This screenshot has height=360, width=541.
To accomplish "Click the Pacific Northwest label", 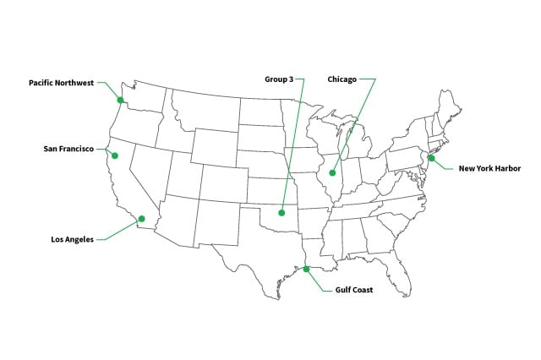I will tap(62, 83).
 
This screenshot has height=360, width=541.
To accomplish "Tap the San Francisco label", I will tap(74, 150).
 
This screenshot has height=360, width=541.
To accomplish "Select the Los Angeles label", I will tap(73, 239).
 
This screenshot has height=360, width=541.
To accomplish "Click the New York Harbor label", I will tap(489, 168).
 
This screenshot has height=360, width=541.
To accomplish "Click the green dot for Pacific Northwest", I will tap(121, 100).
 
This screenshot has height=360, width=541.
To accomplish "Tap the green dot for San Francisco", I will tap(115, 155).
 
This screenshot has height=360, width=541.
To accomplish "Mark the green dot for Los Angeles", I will tap(141, 219).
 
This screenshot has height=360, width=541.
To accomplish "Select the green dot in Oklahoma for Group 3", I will tap(283, 212).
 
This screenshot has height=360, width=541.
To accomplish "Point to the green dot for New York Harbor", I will tap(430, 158).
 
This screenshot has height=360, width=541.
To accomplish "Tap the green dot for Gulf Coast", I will tap(307, 270).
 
